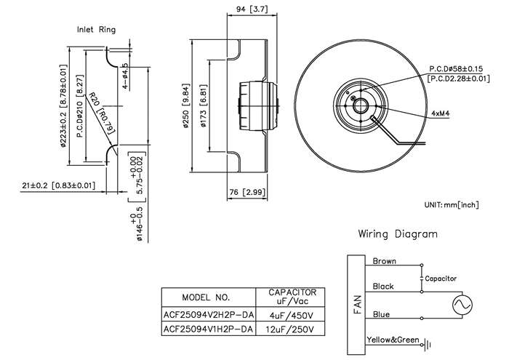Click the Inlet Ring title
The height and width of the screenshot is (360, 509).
point(96,30)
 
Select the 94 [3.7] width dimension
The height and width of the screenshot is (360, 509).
point(252,9)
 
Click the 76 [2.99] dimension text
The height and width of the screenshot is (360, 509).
point(247,192)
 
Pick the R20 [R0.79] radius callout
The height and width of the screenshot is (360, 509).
point(102,113)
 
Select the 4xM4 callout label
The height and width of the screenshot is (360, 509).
point(441,113)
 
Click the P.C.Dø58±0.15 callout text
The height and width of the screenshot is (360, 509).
point(456,69)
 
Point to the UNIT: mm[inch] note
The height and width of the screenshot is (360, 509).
point(452,205)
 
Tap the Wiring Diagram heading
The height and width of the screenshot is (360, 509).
point(398,233)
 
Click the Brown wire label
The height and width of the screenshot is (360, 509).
point(385,261)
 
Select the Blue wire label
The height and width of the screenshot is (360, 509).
point(381,314)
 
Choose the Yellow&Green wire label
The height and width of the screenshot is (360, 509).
point(393,340)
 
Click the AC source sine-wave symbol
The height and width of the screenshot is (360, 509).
point(462,305)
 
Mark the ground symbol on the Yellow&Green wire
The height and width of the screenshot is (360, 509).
point(428,345)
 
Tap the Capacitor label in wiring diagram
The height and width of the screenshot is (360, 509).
point(441,279)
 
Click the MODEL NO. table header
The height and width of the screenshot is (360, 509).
point(206,297)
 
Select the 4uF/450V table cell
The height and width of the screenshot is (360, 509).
point(290,315)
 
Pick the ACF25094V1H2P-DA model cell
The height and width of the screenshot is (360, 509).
point(208,329)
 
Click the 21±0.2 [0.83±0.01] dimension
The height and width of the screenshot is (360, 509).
point(59,185)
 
